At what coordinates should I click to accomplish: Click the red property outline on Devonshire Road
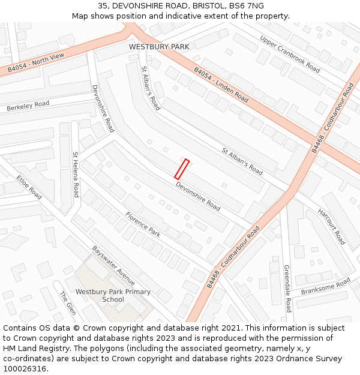[x=182, y=169]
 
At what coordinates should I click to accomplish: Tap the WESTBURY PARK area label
[x=159, y=47]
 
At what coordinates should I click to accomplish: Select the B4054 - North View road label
[x=36, y=64]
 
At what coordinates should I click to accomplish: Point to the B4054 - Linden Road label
[x=221, y=85]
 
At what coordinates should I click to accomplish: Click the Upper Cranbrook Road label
[x=290, y=53]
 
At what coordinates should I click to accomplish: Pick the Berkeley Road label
[x=28, y=106]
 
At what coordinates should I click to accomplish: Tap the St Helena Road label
[x=76, y=175]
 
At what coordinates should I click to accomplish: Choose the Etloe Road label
[x=29, y=187]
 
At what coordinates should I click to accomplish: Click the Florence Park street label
[x=143, y=224]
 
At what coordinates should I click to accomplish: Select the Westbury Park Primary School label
[x=113, y=295]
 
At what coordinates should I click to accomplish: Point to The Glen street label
[x=67, y=303]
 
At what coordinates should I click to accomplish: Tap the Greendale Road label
[x=287, y=289]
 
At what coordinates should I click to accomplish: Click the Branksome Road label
[x=325, y=286]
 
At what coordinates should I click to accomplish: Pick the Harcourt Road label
[x=331, y=226]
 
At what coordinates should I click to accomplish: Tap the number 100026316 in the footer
[x=25, y=369]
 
